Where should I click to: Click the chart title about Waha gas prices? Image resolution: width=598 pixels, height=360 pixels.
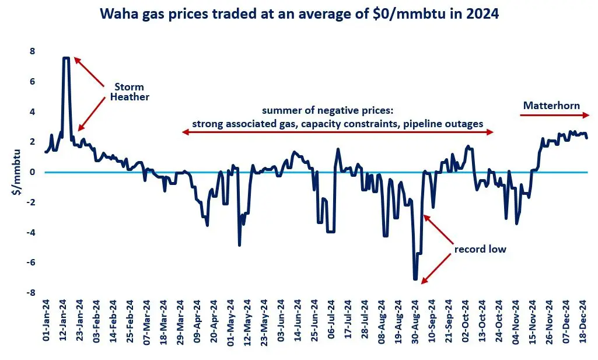coord(299,14)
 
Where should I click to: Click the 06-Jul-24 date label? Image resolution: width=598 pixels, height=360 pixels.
coord(332,324)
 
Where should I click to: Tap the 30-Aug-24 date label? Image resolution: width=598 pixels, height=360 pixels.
coord(416,324)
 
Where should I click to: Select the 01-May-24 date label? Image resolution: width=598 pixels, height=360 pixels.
coord(232,324)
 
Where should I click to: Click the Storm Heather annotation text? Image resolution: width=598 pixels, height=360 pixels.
coord(130,92)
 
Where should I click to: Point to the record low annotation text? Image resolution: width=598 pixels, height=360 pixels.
coord(480,250)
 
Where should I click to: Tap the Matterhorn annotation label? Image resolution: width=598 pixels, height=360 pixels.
coord(551,106)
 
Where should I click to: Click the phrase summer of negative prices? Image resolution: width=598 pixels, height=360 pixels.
coord(337,111)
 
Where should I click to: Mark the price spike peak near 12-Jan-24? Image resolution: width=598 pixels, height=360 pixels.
coord(67,58)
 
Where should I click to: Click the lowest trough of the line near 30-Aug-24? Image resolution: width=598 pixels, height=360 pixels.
coord(415,279)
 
